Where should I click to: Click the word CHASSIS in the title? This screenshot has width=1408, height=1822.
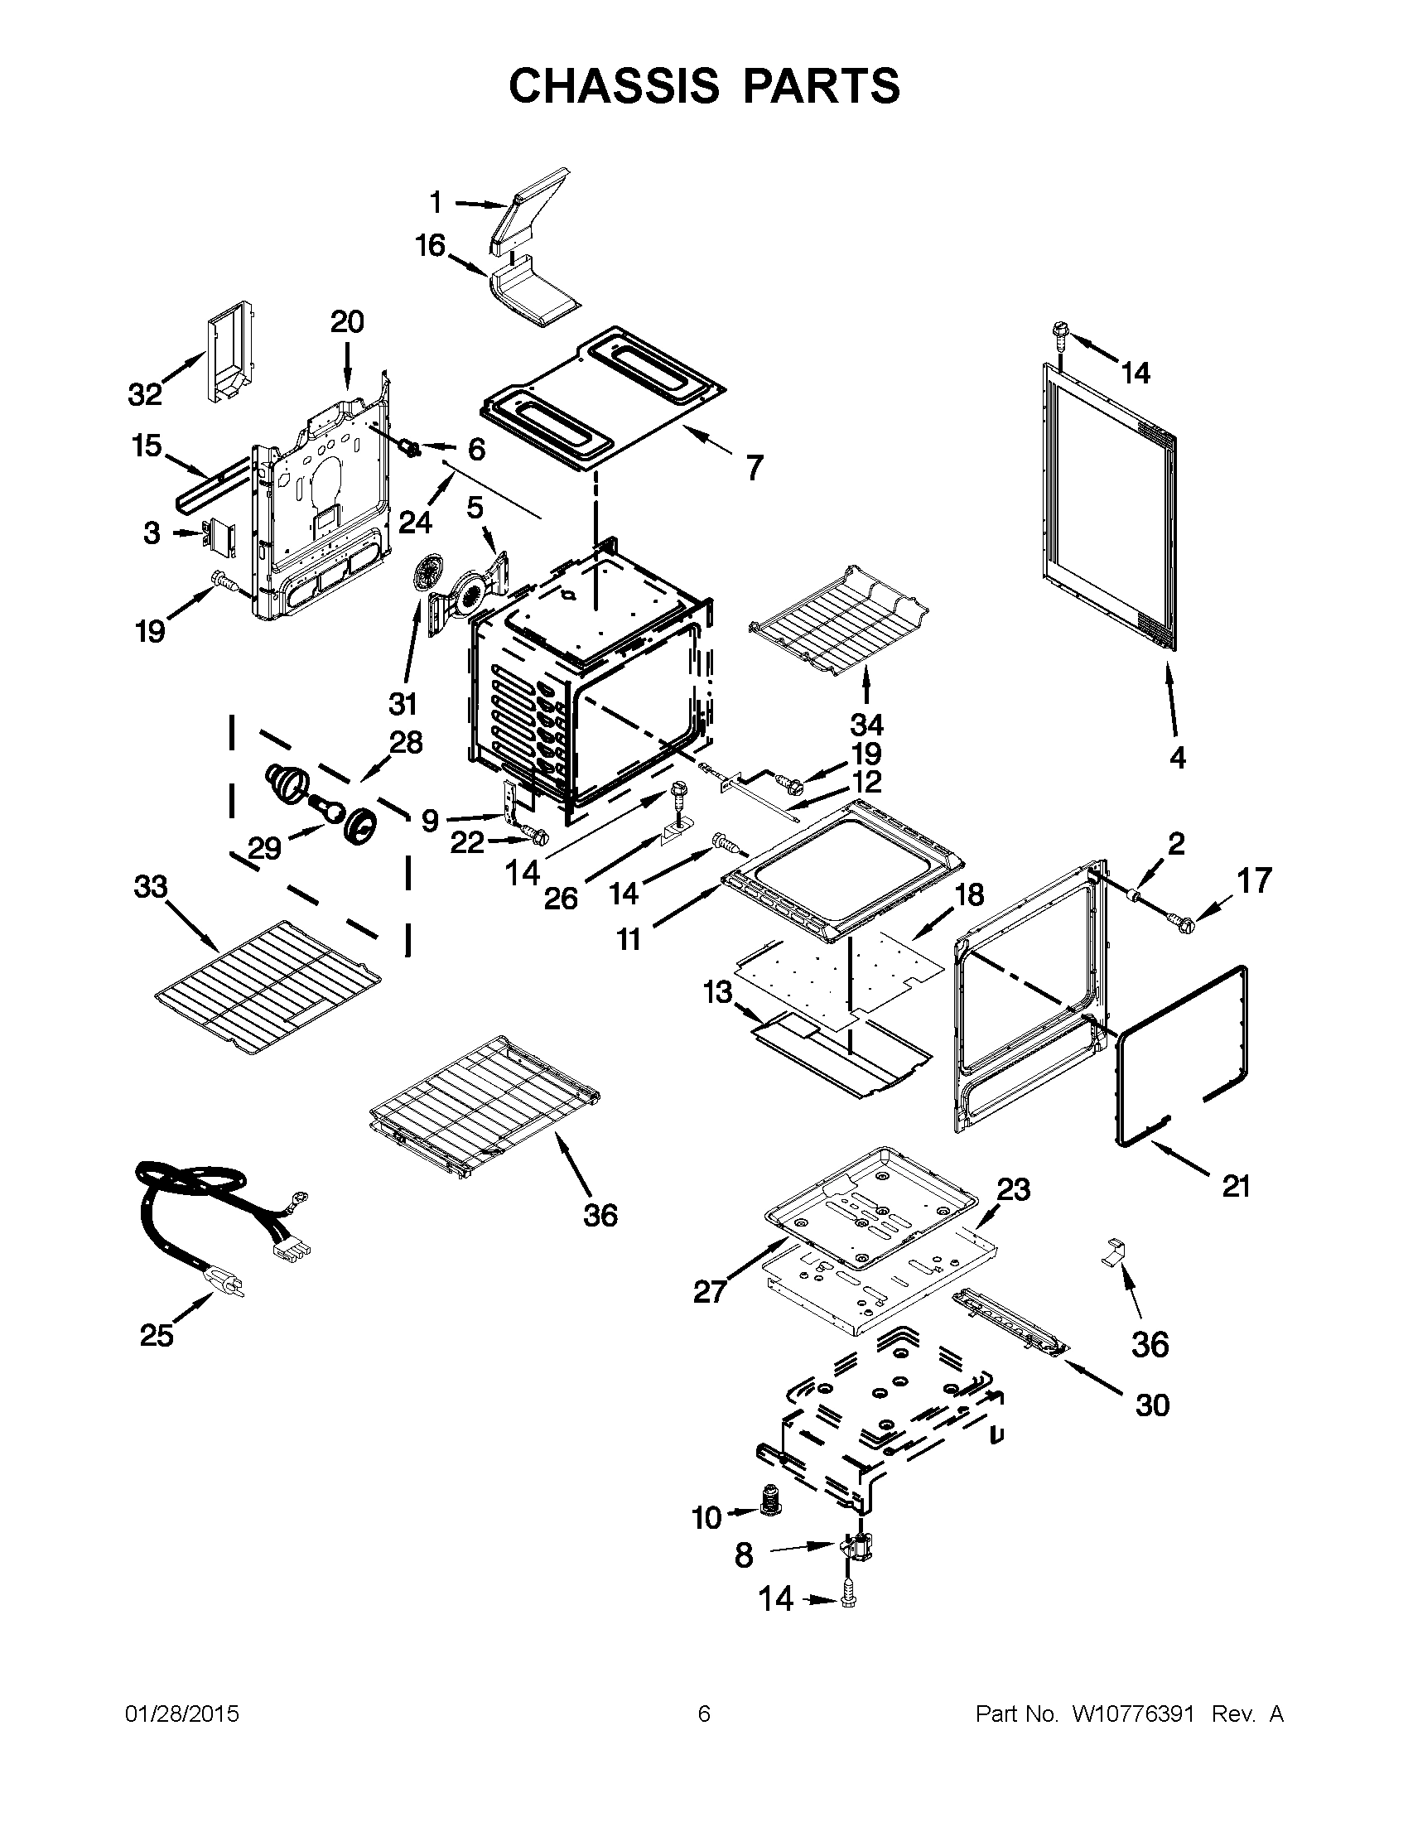click(613, 86)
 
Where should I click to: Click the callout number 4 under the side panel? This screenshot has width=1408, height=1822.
click(1177, 758)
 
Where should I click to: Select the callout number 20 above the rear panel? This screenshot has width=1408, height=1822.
click(347, 322)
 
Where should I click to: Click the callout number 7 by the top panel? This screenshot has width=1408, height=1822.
click(754, 468)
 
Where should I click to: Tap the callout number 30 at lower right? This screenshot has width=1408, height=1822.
click(1152, 1405)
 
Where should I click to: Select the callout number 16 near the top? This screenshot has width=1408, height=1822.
click(431, 246)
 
